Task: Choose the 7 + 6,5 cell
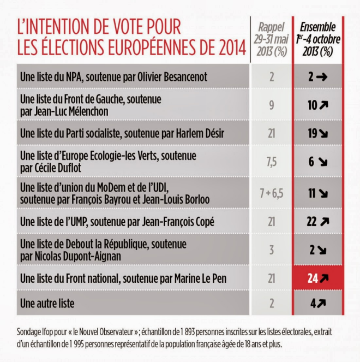(x=271, y=193)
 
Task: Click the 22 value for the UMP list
(x=313, y=222)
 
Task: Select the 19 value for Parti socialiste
(x=313, y=133)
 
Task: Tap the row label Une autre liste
(x=46, y=302)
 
